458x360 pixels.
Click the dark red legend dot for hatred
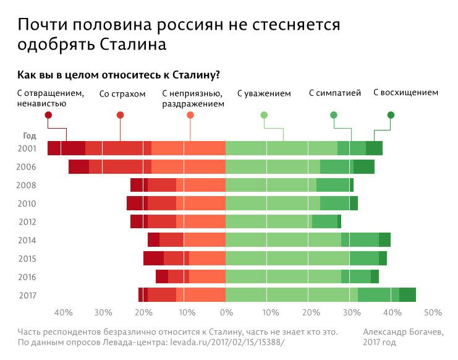(x=48, y=115)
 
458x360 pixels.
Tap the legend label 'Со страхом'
(x=122, y=94)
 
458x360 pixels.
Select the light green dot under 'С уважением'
(x=264, y=115)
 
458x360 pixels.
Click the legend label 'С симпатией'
(x=334, y=94)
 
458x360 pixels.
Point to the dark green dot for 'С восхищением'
(x=391, y=115)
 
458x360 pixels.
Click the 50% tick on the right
(x=433, y=312)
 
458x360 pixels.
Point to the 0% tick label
(x=226, y=312)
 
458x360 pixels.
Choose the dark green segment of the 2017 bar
(x=407, y=295)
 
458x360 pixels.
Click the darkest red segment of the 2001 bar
(x=66, y=148)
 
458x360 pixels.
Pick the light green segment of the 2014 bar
(x=283, y=240)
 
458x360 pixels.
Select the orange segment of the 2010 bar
(x=201, y=203)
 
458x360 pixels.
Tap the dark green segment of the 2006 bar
(x=363, y=166)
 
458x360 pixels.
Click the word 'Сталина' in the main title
(x=131, y=45)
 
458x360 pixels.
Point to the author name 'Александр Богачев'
(x=403, y=332)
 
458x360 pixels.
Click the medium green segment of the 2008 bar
(x=333, y=185)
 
